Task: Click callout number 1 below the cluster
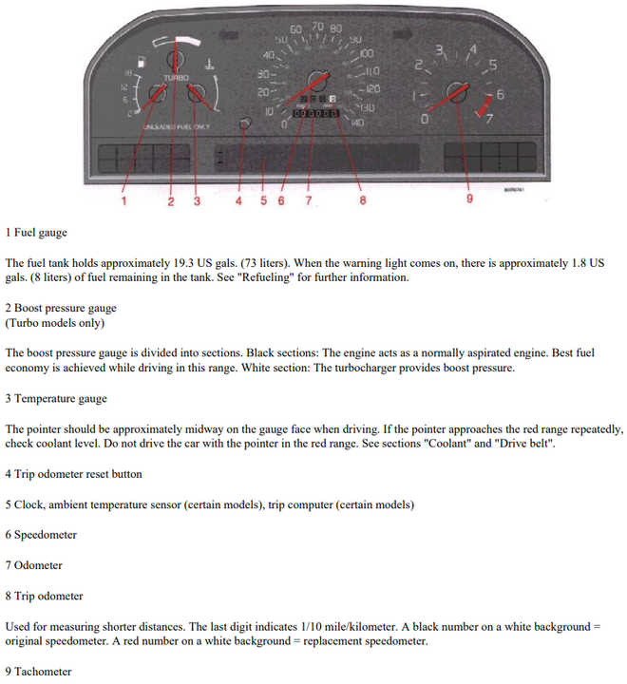123,200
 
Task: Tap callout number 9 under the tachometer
469,199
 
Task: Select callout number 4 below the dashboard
238,200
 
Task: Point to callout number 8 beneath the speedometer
362,200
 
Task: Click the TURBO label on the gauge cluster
176,77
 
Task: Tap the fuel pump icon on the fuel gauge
142,62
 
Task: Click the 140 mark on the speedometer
357,123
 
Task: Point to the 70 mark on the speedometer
316,28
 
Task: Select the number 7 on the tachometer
489,119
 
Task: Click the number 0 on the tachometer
424,120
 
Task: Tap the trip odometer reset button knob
245,124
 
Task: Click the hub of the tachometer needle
458,93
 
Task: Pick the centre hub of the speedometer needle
314,82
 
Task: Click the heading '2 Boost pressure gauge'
61,309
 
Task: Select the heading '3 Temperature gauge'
56,398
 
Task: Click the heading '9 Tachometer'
38,672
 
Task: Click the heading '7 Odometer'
34,565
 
